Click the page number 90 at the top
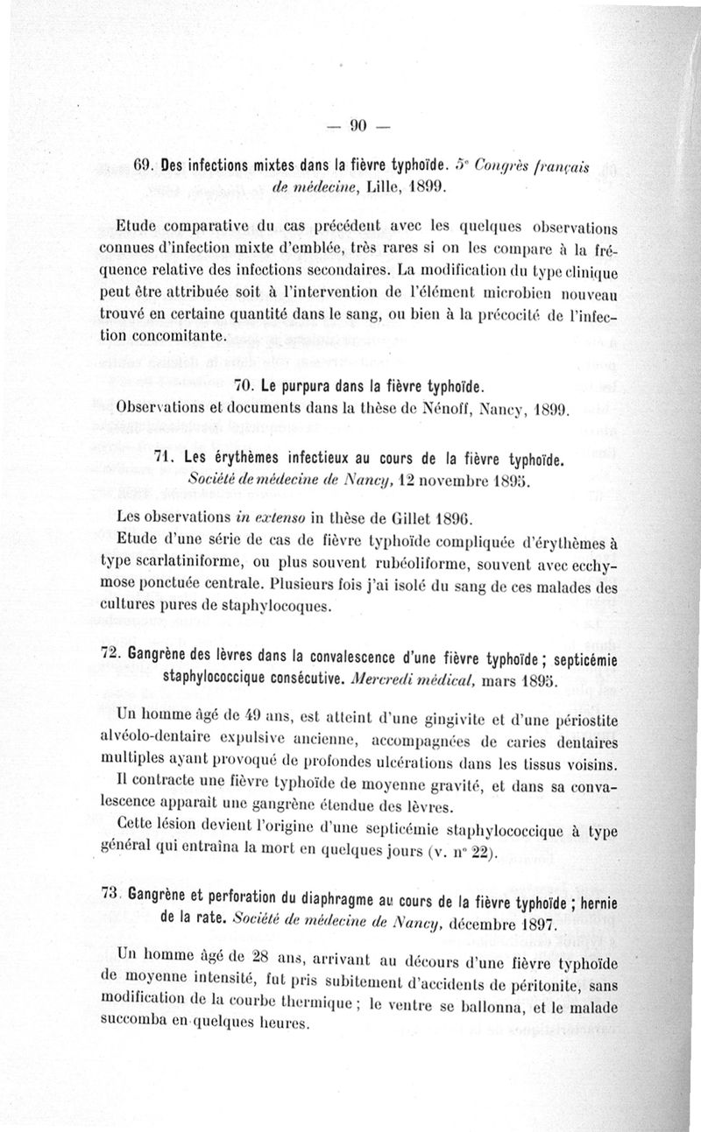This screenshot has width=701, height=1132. coord(358,124)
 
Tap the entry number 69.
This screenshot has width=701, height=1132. coord(143,165)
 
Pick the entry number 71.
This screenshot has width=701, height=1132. coord(166,459)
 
